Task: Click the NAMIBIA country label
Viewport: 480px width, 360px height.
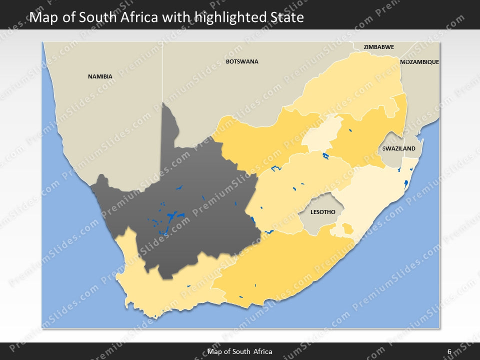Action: tap(100, 76)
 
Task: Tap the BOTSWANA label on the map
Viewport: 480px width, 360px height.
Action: tap(242, 61)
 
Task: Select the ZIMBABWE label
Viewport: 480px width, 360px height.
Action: tap(378, 47)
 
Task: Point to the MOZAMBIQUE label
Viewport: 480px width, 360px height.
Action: tap(419, 62)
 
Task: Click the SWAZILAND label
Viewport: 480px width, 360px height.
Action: tap(398, 148)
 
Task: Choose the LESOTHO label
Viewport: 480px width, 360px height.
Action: tap(322, 212)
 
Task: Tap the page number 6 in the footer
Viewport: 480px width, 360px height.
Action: tap(449, 351)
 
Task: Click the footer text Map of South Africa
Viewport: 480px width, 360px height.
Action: tap(240, 351)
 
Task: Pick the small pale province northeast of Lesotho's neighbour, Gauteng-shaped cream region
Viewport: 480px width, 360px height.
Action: tap(320, 134)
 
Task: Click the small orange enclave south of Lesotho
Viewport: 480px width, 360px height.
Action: tap(347, 229)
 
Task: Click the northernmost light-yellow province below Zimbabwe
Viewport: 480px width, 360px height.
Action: tap(350, 85)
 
